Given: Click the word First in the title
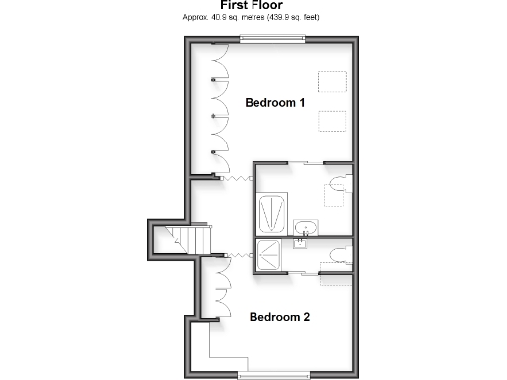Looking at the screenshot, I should [236, 6].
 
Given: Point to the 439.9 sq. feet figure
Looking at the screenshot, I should [292, 18].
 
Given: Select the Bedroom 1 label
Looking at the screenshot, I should [275, 102].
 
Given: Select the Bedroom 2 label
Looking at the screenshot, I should [279, 317].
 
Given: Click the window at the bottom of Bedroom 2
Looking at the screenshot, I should [273, 375].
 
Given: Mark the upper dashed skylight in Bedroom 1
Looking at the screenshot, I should [331, 82].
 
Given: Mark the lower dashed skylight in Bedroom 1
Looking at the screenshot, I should [331, 121].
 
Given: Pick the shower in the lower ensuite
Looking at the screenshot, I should [272, 254].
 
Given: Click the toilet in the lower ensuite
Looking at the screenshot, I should [338, 255].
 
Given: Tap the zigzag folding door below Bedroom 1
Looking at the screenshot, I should [234, 178].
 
